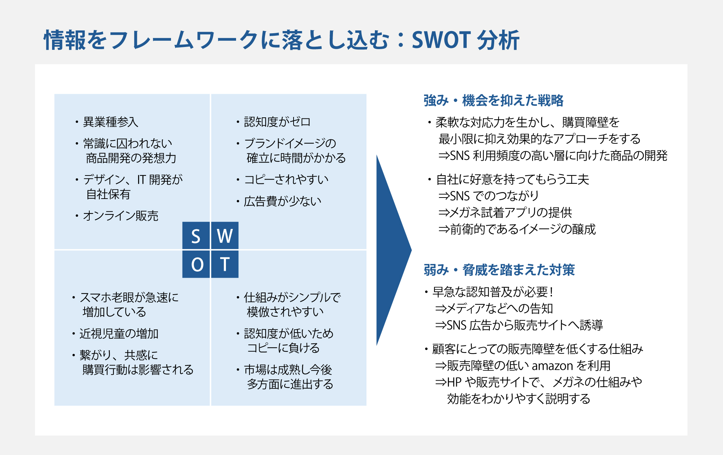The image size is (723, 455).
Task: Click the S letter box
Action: pyautogui.click(x=196, y=235)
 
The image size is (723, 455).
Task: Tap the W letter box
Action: pyautogui.click(x=225, y=235)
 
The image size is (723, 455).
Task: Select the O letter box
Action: pyautogui.click(x=196, y=264)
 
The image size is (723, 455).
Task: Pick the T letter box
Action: pyautogui.click(x=225, y=264)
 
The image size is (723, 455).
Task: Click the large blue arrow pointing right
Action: pyautogui.click(x=394, y=250)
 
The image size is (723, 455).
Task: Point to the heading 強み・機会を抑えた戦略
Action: pyautogui.click(x=493, y=100)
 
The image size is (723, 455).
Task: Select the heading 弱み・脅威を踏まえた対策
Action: pyautogui.click(x=499, y=270)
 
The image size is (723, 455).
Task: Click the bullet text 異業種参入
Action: pyautogui.click(x=111, y=122)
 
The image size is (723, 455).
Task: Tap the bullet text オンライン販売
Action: pyautogui.click(x=121, y=216)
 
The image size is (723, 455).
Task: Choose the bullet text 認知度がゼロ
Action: pyautogui.click(x=277, y=122)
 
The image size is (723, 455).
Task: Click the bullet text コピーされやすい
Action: pyautogui.click(x=286, y=179)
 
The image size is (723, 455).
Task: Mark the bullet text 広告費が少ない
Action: pyautogui.click(x=283, y=201)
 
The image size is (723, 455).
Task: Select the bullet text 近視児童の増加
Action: pyautogui.click(x=119, y=334)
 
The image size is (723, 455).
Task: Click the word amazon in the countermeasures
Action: pyautogui.click(x=552, y=366)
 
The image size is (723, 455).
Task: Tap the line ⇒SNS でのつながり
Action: pyautogui.click(x=488, y=196)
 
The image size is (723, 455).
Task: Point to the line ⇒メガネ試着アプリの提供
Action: pyautogui.click(x=505, y=213)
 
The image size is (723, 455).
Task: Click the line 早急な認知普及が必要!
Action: pyautogui.click(x=493, y=292)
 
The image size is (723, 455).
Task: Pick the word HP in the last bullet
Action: pyautogui.click(x=454, y=382)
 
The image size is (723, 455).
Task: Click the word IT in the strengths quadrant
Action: pyautogui.click(x=141, y=179)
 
